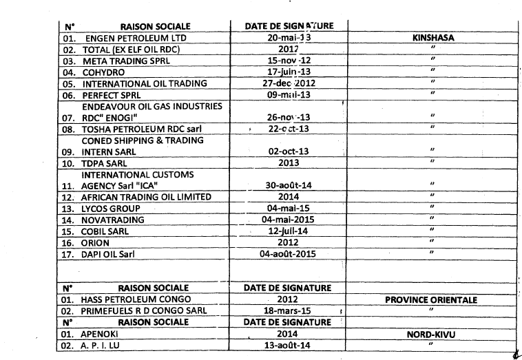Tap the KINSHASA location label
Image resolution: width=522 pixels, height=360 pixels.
[x=434, y=38]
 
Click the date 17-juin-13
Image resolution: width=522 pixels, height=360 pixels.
[x=289, y=72]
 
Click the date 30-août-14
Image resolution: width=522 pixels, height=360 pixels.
[x=289, y=184]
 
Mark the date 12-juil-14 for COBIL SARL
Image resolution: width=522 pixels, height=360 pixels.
[x=289, y=230]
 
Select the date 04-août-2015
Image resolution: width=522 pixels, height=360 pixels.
[x=289, y=253]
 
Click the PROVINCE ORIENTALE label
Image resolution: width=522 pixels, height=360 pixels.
[x=434, y=300]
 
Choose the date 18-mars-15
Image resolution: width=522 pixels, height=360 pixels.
[x=289, y=310]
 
